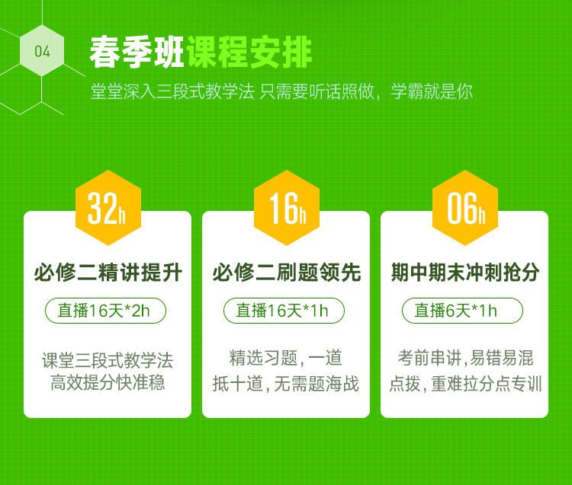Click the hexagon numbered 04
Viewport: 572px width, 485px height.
tap(42, 50)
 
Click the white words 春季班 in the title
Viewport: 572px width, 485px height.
tap(137, 53)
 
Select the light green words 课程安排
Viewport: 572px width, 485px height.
tap(249, 53)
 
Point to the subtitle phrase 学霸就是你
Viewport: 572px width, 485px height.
tap(432, 91)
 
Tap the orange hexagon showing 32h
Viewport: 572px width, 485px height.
tap(108, 208)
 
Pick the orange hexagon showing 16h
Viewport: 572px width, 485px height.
tap(287, 208)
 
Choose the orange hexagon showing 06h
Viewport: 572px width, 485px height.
tap(465, 208)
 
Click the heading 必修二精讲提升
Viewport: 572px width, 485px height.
tap(108, 273)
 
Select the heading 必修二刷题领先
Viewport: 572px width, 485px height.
tap(287, 273)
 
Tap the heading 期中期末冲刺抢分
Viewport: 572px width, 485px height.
tap(465, 273)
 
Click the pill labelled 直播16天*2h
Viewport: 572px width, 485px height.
tap(105, 311)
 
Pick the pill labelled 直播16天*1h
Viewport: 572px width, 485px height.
tap(284, 311)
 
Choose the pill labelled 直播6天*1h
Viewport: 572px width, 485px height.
tap(462, 311)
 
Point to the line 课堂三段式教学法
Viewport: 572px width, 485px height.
tap(108, 360)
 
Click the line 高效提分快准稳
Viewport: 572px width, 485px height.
tap(108, 382)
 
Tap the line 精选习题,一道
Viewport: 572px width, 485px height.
tap(286, 358)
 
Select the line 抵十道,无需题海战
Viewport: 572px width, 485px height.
tap(286, 384)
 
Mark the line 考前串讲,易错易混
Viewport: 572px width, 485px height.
tap(465, 358)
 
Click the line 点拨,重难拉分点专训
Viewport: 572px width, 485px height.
tap(465, 384)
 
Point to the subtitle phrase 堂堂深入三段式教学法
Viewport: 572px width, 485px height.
tap(172, 91)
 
